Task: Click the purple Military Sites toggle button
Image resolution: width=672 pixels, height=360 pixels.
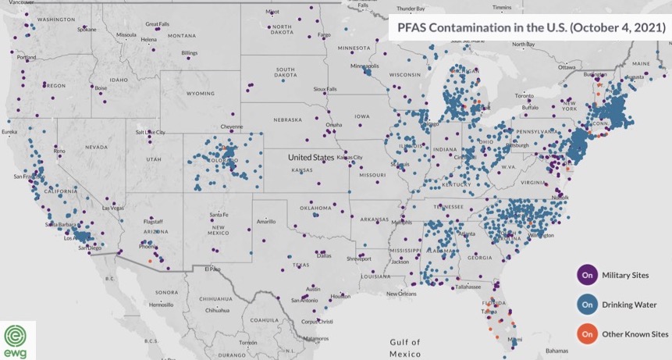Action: click(x=587, y=275)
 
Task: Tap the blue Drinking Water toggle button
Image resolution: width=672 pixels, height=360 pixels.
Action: click(x=587, y=305)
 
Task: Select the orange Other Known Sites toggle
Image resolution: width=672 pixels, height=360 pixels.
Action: click(x=587, y=334)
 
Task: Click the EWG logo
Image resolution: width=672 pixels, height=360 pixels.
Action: click(x=17, y=340)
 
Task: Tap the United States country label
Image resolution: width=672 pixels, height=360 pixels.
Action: click(x=311, y=157)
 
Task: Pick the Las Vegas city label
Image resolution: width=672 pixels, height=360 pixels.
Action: click(x=114, y=208)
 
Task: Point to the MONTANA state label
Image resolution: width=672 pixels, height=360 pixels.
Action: click(x=181, y=36)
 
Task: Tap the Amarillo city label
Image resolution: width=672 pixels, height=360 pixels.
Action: click(x=270, y=222)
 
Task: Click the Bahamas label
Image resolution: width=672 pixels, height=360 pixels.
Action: click(x=557, y=350)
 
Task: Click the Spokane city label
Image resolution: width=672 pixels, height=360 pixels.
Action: click(x=86, y=30)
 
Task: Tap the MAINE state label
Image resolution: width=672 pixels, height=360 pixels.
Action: click(x=642, y=63)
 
